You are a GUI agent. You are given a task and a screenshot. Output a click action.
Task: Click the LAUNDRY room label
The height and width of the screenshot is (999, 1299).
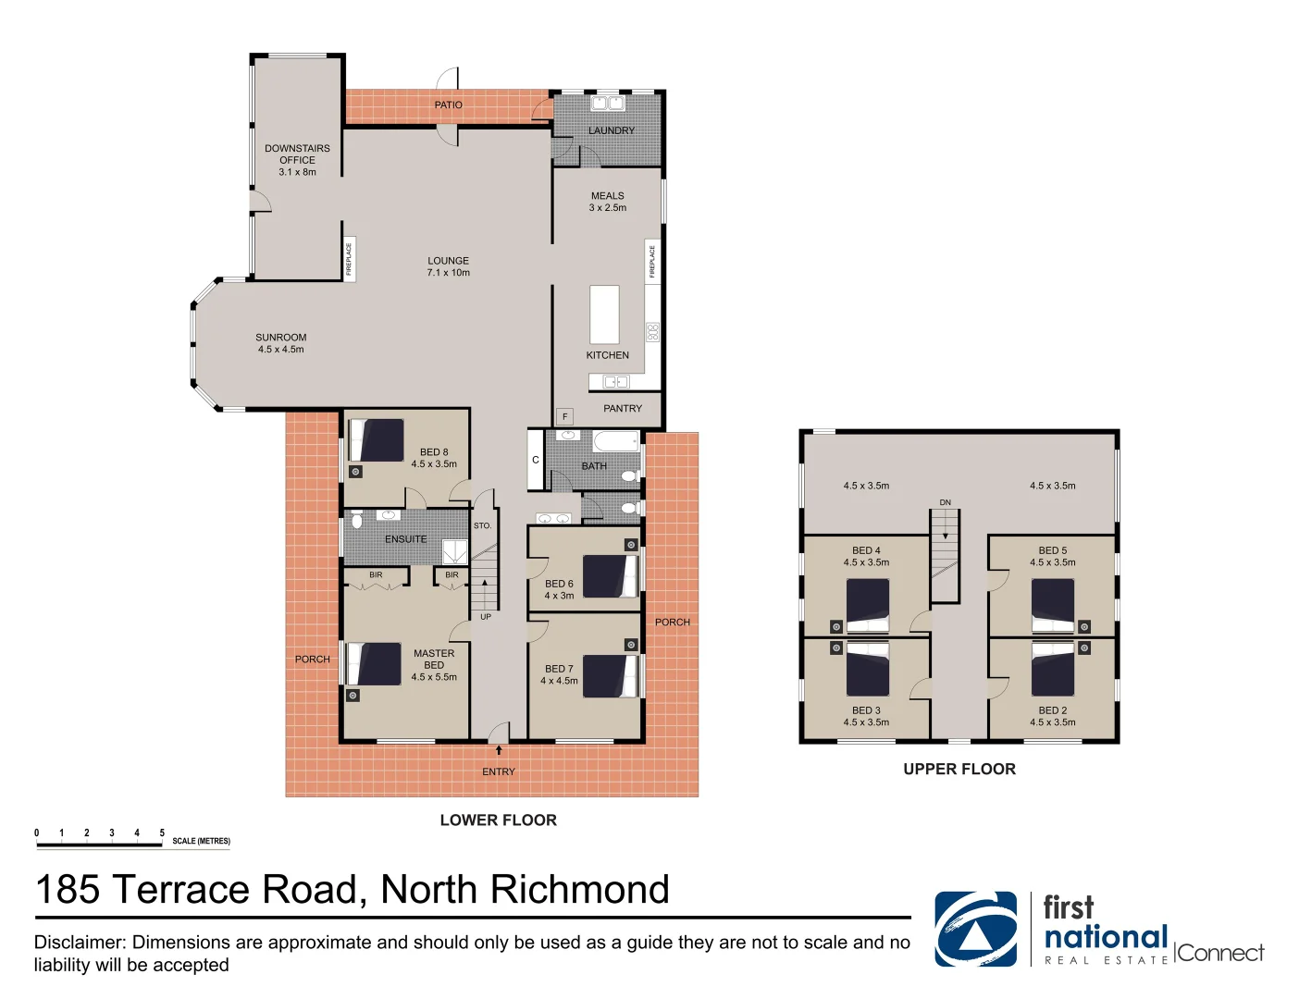pos(612,130)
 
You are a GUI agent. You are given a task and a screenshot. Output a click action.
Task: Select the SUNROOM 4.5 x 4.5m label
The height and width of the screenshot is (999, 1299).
pos(280,343)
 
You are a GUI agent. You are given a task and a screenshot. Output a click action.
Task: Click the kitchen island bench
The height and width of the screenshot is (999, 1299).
pos(605,314)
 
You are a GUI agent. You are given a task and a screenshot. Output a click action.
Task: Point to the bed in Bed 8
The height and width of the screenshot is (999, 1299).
pos(377,440)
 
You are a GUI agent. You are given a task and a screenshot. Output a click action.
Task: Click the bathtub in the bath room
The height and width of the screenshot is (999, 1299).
pos(615,441)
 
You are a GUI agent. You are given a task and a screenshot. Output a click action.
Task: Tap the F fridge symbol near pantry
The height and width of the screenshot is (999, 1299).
pos(564,417)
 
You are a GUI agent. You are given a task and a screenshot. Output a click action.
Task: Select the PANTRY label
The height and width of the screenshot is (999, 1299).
pos(623,408)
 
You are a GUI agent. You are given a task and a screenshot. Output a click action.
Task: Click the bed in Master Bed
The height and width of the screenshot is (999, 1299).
pos(374,664)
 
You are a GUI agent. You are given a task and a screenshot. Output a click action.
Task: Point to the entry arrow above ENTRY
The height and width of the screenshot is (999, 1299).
pos(499,750)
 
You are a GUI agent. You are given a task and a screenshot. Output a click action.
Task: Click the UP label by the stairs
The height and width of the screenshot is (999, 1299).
pos(486,617)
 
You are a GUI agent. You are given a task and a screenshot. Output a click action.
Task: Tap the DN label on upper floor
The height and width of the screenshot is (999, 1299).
pos(945,502)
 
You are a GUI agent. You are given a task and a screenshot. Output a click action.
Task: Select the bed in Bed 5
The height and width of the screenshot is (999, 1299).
pos(1053,608)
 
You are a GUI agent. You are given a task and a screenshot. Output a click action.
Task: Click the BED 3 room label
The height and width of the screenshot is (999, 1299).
pos(866,710)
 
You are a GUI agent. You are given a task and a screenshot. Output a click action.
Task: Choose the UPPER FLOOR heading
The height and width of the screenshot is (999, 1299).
pos(959,770)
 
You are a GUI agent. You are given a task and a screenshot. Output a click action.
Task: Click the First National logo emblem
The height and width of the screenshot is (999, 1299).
pos(975,929)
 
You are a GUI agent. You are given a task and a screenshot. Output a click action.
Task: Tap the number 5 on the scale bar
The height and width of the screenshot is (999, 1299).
pos(162,833)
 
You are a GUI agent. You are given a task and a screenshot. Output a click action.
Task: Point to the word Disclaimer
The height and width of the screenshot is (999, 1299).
pos(80,943)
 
